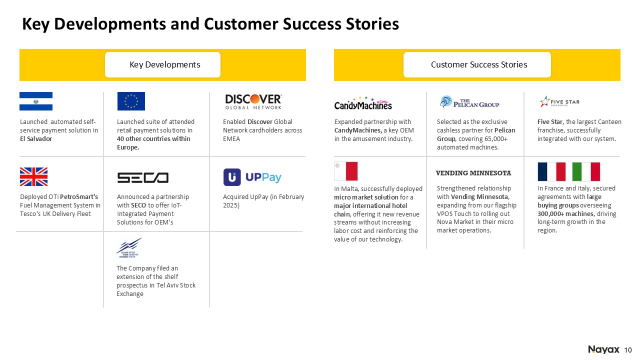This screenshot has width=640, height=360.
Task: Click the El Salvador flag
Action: [x=36, y=101]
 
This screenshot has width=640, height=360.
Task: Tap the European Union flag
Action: [x=131, y=101]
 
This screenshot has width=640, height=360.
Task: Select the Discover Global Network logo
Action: [x=253, y=101]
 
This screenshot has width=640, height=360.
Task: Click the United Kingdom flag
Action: [x=33, y=176]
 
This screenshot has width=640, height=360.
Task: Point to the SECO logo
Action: [x=143, y=177]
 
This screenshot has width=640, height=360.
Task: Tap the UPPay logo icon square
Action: [x=232, y=177]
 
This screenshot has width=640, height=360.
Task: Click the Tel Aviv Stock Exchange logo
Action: [x=129, y=248]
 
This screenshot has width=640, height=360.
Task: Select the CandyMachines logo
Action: [x=363, y=103]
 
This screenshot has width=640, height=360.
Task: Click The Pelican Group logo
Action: [x=469, y=102]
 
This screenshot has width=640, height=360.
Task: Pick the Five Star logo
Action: [x=559, y=101]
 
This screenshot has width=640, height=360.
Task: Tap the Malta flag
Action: [x=346, y=171]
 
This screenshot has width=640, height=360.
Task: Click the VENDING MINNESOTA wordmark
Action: [x=473, y=173]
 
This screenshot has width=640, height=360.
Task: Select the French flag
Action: [x=551, y=171]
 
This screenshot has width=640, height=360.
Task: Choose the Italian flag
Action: [x=586, y=171]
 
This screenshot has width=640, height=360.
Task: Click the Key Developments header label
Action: [x=165, y=64]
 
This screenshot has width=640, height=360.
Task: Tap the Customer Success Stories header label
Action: [x=479, y=64]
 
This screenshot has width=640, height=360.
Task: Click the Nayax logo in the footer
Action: [x=603, y=349]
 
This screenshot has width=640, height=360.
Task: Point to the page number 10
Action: [x=628, y=350]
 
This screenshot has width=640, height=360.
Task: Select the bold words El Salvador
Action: [x=36, y=139]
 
